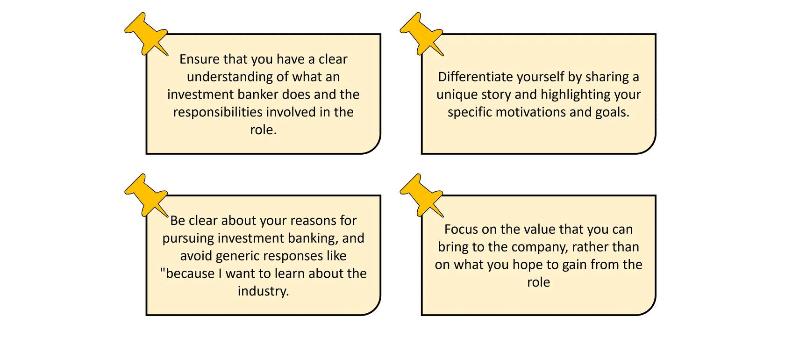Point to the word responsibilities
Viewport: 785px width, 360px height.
tap(218, 113)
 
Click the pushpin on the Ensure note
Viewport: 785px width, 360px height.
tap(147, 34)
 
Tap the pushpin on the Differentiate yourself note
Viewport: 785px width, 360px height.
tap(422, 34)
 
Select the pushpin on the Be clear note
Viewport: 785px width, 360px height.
tap(147, 195)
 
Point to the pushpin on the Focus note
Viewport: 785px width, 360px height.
tap(422, 195)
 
